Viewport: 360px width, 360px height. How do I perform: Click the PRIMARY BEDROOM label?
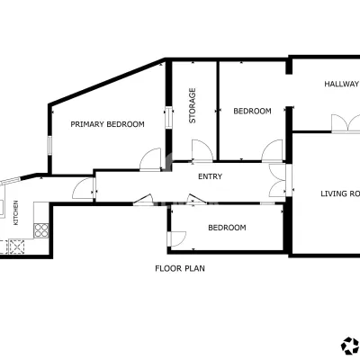[x=107, y=124]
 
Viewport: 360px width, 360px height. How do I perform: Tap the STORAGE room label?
[x=193, y=105]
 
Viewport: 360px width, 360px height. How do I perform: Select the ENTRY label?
[x=211, y=176]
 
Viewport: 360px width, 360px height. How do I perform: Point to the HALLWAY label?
[x=342, y=84]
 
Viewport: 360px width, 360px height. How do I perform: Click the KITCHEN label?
[x=16, y=212]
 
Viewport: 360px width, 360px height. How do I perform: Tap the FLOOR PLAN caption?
[x=180, y=268]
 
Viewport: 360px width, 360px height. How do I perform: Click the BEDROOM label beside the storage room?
[x=252, y=111]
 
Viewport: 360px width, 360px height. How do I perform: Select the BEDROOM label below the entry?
[x=227, y=228]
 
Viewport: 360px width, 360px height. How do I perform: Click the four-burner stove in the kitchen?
[x=41, y=230]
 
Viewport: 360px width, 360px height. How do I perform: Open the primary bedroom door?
[x=150, y=159]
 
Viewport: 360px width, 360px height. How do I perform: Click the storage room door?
[x=202, y=151]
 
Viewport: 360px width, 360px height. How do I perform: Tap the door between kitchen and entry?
[x=84, y=188]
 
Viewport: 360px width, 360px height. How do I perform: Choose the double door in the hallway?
[x=346, y=123]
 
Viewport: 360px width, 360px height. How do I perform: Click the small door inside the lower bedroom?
[x=177, y=238]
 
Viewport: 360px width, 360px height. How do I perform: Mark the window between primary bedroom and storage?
[x=169, y=118]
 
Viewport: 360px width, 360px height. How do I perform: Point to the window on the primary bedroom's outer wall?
[x=50, y=146]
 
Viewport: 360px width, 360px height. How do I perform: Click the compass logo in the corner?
[x=350, y=346]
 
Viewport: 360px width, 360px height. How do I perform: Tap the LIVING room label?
[x=340, y=193]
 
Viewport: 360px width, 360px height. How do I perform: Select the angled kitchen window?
[x=10, y=181]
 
